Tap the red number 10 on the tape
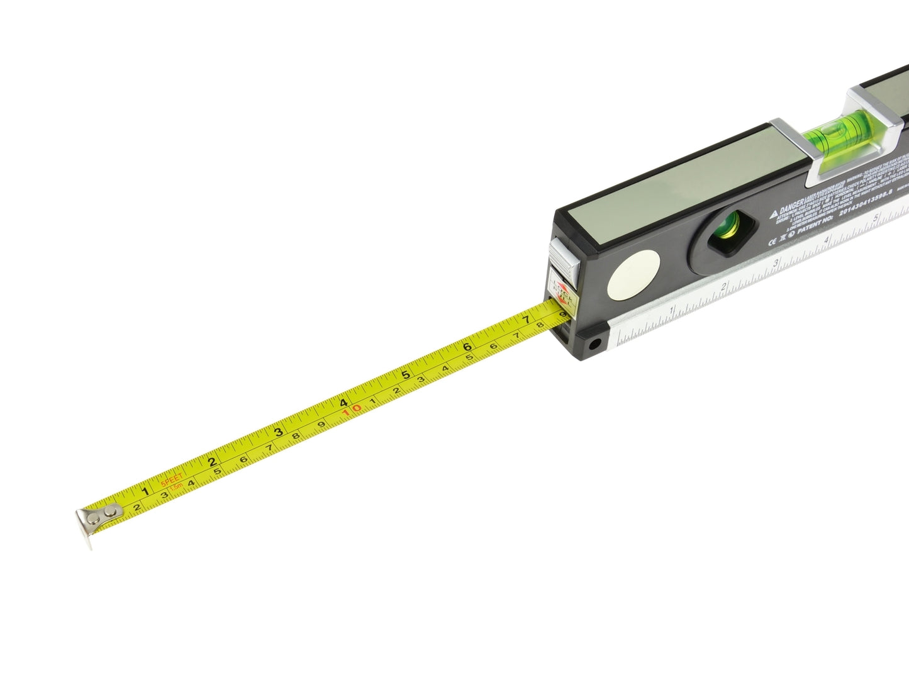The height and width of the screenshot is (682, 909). coord(352,410)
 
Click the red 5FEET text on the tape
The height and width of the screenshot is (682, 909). coord(170,481)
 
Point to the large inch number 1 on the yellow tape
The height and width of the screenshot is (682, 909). coord(145,491)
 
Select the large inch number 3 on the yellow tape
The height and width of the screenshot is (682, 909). coord(278,432)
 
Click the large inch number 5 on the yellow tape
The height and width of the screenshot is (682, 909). coord(406,376)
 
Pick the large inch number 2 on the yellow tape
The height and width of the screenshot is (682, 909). coord(213,461)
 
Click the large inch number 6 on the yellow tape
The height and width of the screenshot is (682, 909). coord(467,347)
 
